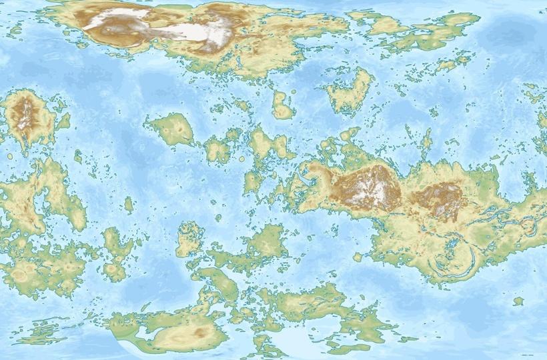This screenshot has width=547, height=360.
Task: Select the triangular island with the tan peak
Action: [173, 129]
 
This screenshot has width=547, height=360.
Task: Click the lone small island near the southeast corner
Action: [518, 301]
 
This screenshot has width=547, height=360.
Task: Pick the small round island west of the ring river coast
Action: [358, 257]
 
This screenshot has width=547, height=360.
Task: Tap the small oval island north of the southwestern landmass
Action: [128, 203]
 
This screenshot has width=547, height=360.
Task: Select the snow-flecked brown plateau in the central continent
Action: [368, 186]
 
